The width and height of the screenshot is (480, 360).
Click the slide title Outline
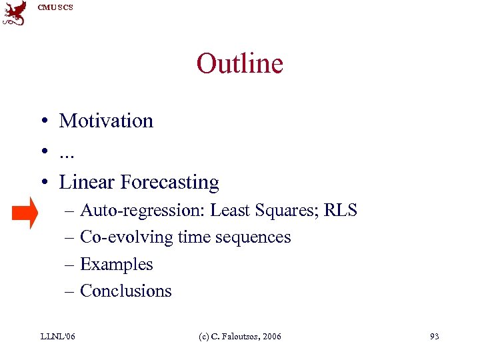point(239,64)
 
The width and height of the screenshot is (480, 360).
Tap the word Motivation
point(106,121)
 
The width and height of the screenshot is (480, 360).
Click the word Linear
point(83,182)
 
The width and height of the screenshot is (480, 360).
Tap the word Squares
point(286,211)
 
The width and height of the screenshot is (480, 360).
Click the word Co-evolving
point(120,237)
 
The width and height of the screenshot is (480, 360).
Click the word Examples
point(116,264)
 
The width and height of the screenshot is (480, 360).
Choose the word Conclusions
point(125,291)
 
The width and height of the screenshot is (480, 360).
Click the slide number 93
point(434,336)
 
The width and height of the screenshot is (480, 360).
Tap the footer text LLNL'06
point(57,336)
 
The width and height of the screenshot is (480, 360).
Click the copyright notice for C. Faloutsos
point(241,336)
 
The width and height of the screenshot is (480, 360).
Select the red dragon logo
point(15,13)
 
